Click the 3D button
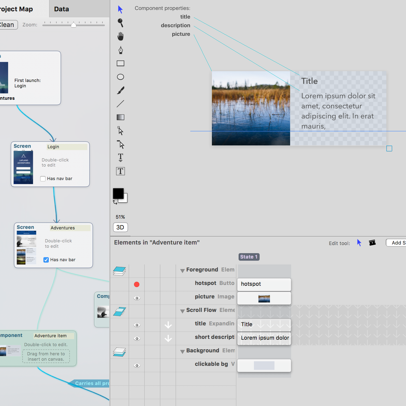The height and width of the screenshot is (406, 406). click(120, 227)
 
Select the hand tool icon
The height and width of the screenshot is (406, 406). click(121, 36)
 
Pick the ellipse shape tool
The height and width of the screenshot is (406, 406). click(121, 77)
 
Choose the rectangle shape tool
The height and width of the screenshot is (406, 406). click(121, 63)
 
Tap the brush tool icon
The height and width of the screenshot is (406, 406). click(121, 90)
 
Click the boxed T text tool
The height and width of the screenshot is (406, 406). click(121, 171)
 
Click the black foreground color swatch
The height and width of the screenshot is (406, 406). click(118, 193)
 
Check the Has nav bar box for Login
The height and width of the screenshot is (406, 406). click(43, 179)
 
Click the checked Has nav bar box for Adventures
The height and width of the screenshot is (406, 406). click(46, 260)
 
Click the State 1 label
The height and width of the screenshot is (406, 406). click(249, 257)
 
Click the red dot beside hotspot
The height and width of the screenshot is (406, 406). click(137, 284)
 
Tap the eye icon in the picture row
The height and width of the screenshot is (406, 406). click(137, 298)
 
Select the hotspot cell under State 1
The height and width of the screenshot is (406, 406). click(264, 284)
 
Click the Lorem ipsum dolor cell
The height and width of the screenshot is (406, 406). click(264, 338)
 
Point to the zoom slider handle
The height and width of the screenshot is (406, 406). click(74, 25)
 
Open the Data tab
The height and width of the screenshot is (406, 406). click(61, 9)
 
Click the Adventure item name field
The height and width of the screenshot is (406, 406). click(54, 336)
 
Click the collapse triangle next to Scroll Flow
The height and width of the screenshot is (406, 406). click(183, 311)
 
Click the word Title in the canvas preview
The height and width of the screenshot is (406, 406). click(309, 81)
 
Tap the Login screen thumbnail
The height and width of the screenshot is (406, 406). click(23, 167)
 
